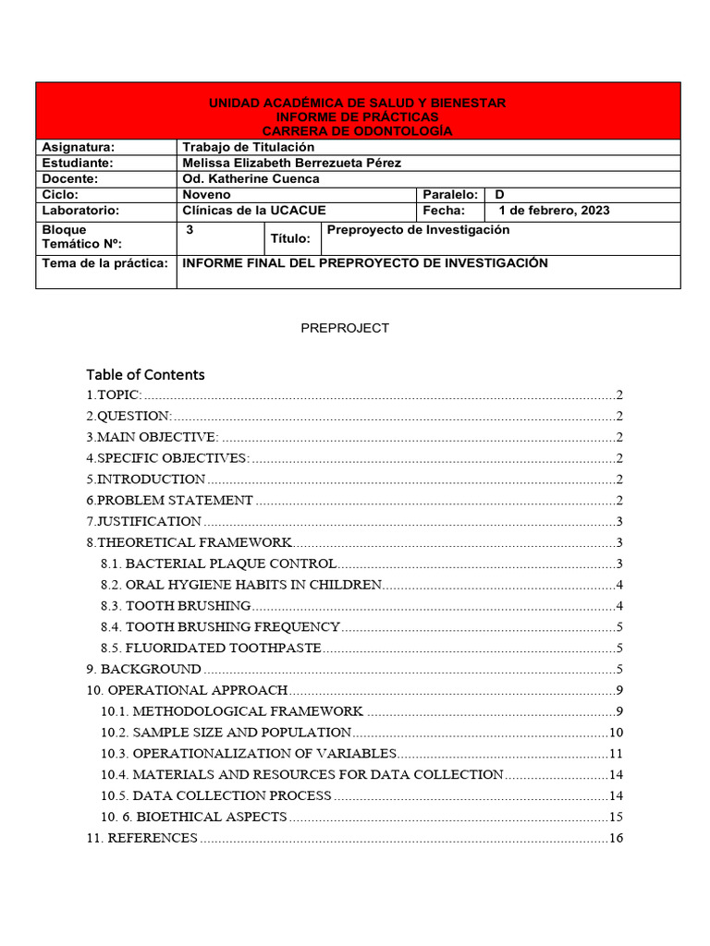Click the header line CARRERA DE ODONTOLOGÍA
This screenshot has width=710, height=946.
tap(358, 131)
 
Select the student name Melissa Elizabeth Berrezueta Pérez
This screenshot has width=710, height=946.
tap(292, 163)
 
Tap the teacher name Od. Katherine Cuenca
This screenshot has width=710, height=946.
tap(251, 179)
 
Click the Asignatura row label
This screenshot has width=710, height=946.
tap(79, 147)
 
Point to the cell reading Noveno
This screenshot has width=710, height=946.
tap(207, 195)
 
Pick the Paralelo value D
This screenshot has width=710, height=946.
tap(500, 195)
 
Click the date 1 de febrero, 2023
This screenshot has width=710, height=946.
tap(554, 211)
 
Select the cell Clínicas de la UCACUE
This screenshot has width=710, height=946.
tap(254, 211)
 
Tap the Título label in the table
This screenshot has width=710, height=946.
tap(290, 238)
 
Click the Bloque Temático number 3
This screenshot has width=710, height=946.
tap(190, 230)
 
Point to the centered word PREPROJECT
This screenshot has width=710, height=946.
tap(345, 328)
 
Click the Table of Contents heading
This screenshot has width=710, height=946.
tap(145, 374)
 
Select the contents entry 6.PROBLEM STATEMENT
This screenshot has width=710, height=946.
tap(170, 500)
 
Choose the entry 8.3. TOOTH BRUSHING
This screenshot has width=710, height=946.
tap(176, 605)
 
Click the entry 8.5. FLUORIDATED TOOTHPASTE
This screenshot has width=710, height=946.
tap(211, 648)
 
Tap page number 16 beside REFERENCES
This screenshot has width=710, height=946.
tap(617, 838)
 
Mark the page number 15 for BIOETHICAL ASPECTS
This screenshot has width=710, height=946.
tap(617, 817)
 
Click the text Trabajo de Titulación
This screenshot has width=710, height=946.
tap(249, 147)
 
